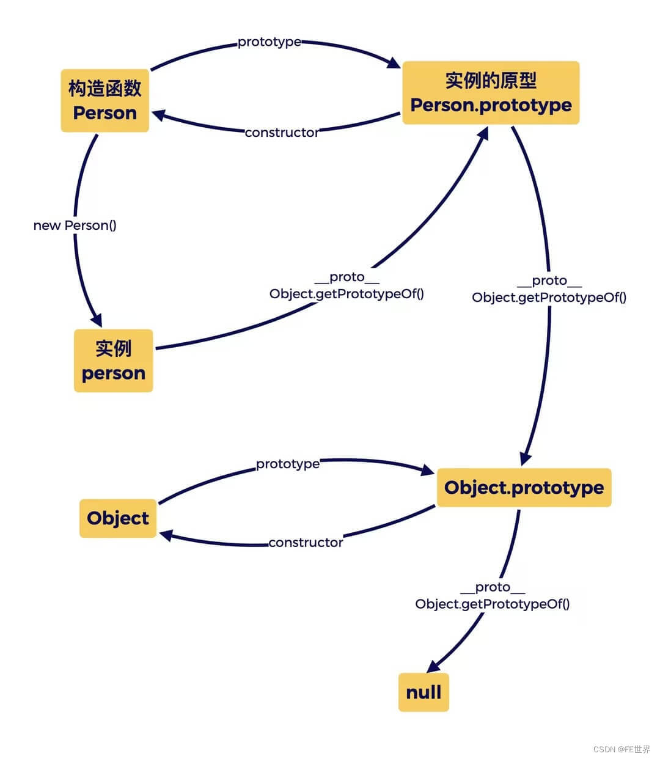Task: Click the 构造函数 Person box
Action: (105, 101)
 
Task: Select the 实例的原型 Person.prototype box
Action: (491, 93)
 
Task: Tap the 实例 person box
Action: (113, 361)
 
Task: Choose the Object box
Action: (118, 518)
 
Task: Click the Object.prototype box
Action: (524, 488)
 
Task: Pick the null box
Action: (424, 692)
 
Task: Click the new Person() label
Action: (75, 225)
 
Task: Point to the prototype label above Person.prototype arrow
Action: (269, 42)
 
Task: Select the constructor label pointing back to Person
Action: (282, 133)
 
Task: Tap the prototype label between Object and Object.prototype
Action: (287, 464)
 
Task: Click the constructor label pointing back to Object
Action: (306, 543)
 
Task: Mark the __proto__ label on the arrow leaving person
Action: (346, 277)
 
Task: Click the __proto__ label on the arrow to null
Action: (492, 587)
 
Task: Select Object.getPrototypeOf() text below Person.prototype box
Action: (549, 298)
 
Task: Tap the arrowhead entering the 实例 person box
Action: (96, 320)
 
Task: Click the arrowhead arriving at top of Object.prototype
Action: (525, 459)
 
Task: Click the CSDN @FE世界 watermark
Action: (621, 749)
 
